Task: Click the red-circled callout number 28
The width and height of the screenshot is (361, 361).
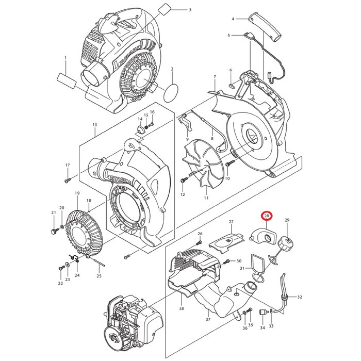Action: pos(267,216)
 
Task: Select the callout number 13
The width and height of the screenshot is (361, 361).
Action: pos(94,125)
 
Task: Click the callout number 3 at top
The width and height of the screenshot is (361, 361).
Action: pos(190,10)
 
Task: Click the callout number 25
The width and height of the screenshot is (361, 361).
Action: pos(99,276)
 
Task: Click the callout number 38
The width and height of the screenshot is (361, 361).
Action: pos(181,309)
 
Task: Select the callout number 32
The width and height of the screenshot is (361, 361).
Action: pos(300,298)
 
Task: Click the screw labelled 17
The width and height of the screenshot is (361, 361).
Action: pos(68,179)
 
